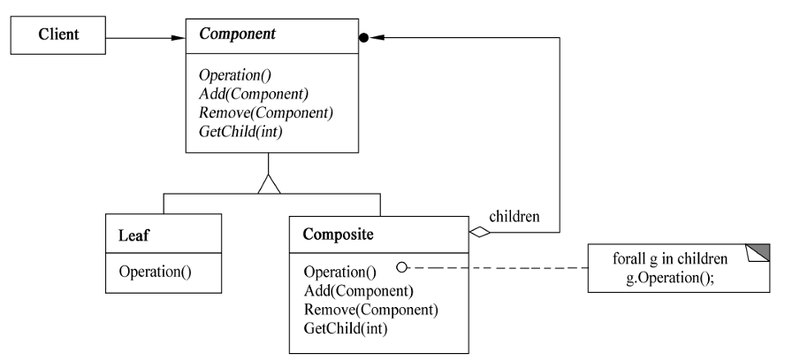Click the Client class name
[58, 35]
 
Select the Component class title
[237, 35]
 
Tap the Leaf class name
[133, 234]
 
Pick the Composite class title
[339, 234]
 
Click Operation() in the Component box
[235, 75]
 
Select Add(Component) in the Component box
[254, 94]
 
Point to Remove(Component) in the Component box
[266, 113]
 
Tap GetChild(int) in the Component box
[240, 132]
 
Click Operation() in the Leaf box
[156, 272]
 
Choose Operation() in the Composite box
[340, 272]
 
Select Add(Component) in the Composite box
[358, 291]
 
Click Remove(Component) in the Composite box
[371, 310]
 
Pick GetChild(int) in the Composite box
[346, 329]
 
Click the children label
[514, 216]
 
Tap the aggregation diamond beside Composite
[480, 232]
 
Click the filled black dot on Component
[364, 37]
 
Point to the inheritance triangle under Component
[270, 184]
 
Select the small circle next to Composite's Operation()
[401, 268]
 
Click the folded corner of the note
[758, 253]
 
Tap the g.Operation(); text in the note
[670, 278]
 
